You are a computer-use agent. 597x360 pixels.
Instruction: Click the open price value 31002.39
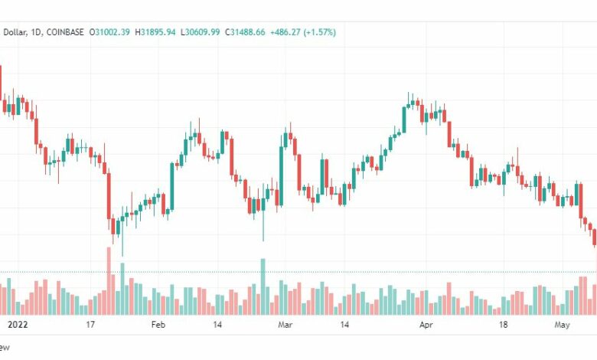[113, 32]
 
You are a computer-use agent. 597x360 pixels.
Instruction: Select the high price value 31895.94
[158, 32]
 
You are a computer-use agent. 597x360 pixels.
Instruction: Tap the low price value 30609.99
[203, 32]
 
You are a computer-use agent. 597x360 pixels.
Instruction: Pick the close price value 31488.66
[247, 32]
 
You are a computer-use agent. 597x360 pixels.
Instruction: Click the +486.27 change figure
[285, 32]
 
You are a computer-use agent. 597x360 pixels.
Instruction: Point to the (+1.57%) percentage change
[320, 32]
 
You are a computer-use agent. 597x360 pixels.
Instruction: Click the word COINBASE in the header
[65, 32]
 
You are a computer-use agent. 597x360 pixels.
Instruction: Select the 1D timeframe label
[35, 32]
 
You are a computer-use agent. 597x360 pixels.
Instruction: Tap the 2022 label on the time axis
[18, 325]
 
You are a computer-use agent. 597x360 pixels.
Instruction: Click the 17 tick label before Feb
[90, 325]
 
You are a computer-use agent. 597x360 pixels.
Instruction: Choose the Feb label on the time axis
[158, 325]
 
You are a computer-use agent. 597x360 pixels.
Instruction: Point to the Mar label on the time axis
[285, 325]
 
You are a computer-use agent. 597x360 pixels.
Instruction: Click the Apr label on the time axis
[426, 325]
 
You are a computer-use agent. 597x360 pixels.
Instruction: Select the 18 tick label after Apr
[504, 325]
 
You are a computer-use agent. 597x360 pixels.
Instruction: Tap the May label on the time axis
[562, 325]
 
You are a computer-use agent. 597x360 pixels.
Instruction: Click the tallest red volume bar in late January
[109, 281]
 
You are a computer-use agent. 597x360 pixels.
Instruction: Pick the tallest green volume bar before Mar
[263, 287]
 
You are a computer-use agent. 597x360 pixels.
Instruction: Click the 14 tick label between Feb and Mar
[217, 325]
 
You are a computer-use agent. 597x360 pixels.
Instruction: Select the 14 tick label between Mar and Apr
[344, 325]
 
